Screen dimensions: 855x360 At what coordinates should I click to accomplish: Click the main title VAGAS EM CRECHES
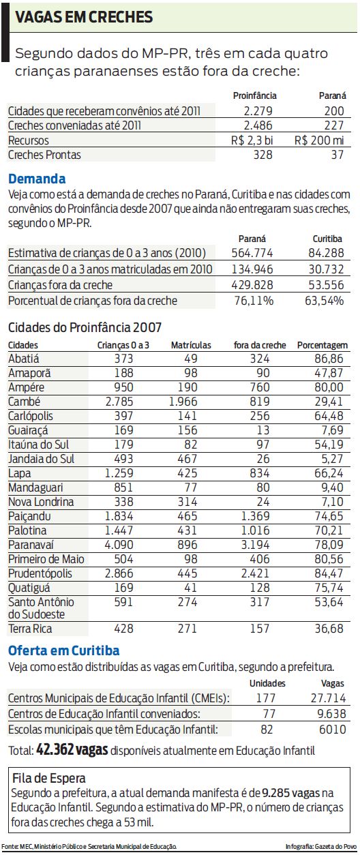85,17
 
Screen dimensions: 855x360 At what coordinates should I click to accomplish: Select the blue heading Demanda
37,179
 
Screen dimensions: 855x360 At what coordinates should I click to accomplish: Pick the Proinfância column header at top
254,96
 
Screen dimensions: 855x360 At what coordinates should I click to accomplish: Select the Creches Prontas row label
44,155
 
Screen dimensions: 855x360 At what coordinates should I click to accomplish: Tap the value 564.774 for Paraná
251,254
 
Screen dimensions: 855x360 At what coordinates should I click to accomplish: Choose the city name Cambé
25,401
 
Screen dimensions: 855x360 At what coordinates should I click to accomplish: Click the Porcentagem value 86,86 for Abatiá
329,358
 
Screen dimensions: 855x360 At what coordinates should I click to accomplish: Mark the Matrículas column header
191,345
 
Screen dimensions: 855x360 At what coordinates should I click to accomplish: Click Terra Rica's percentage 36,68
329,629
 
